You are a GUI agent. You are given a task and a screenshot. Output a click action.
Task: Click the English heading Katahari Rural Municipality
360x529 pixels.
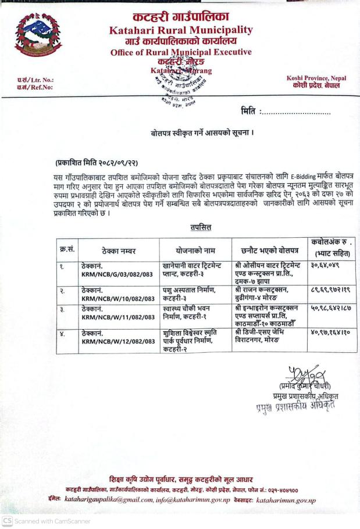181,30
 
